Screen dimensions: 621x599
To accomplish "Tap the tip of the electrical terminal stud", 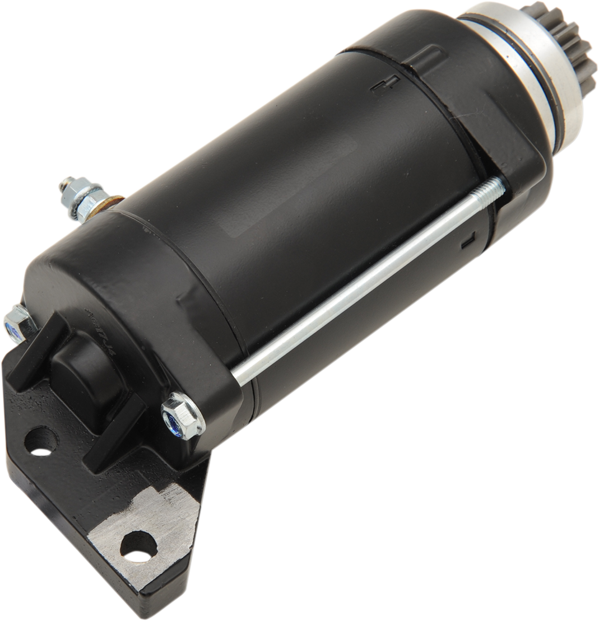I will tap(67, 183).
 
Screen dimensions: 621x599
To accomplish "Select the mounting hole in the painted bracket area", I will tap(41, 442).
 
